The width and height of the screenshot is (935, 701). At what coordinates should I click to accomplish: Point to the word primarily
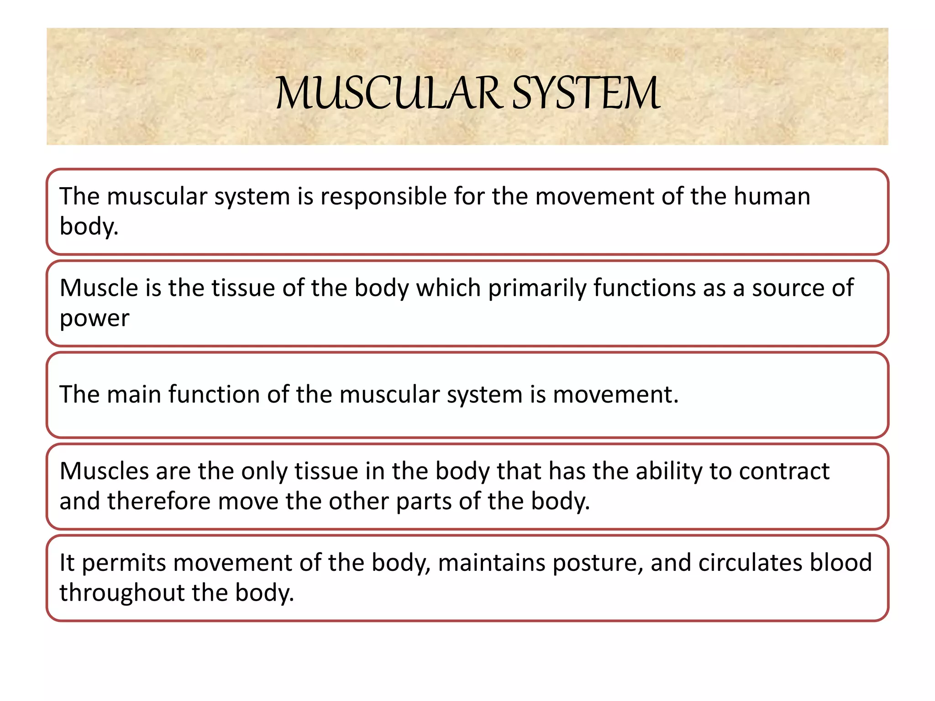click(x=537, y=288)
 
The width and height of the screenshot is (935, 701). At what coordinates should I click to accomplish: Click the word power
click(x=95, y=319)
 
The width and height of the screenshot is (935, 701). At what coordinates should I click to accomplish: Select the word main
click(x=133, y=394)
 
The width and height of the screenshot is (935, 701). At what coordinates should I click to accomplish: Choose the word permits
click(x=124, y=563)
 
